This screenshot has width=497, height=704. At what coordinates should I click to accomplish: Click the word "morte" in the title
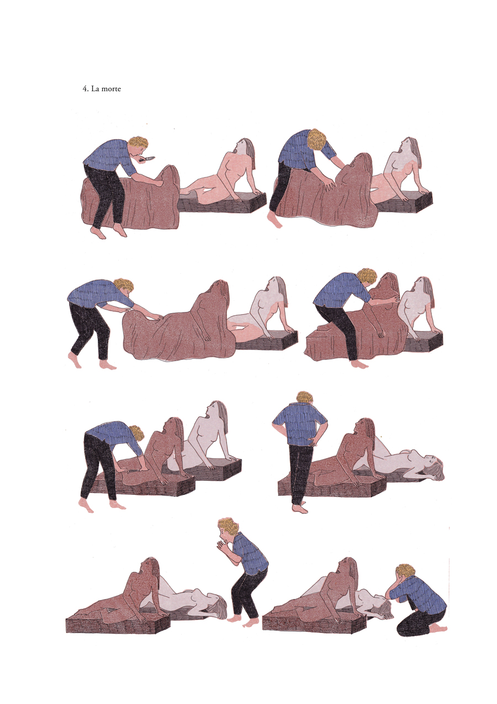111,89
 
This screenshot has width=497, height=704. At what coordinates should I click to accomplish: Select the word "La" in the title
96,89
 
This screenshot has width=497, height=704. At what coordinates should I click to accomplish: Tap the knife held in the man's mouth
147,159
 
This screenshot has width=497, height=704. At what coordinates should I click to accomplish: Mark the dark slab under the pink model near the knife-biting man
221,203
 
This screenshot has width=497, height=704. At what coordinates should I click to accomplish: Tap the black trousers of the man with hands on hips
300,467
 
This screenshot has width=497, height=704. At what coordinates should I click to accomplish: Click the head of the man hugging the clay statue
367,276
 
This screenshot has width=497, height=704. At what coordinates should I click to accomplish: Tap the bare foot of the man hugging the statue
360,364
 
